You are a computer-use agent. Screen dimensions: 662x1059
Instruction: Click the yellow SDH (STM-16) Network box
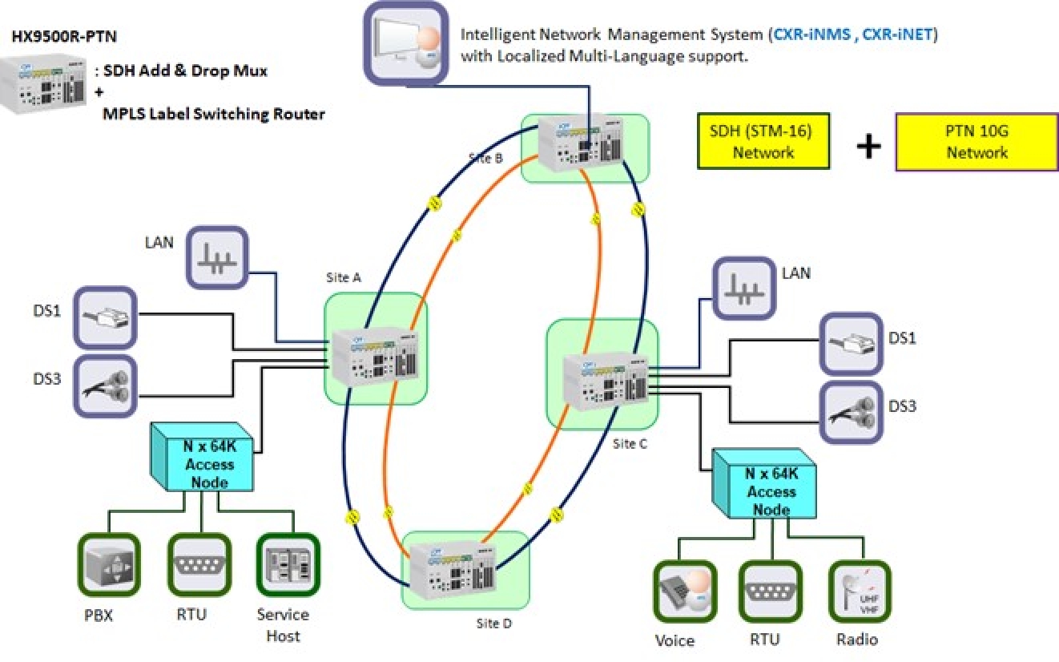coord(763,141)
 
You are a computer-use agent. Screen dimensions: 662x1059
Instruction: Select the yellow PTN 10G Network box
coord(976,142)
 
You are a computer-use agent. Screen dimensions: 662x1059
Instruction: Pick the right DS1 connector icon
coord(851,345)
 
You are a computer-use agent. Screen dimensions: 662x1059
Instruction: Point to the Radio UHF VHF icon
coord(860,592)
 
